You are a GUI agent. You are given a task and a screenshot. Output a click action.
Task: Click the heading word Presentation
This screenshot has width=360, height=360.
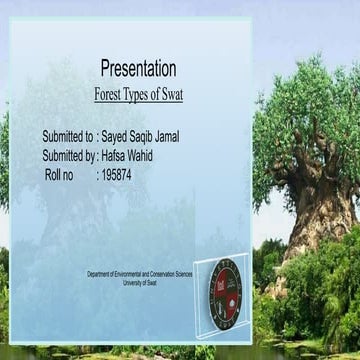pyautogui.click(x=138, y=68)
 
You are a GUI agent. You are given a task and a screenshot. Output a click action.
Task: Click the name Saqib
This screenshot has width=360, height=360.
pyautogui.click(x=152, y=136)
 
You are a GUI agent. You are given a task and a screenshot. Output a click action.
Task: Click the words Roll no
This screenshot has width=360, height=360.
pyautogui.click(x=60, y=174)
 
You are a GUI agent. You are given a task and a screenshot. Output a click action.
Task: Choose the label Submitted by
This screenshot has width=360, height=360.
pyautogui.click(x=67, y=155)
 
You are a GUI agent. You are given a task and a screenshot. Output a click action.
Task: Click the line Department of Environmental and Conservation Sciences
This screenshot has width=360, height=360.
pyautogui.click(x=139, y=273)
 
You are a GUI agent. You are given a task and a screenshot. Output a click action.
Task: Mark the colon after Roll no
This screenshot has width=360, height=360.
pyautogui.click(x=97, y=174)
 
